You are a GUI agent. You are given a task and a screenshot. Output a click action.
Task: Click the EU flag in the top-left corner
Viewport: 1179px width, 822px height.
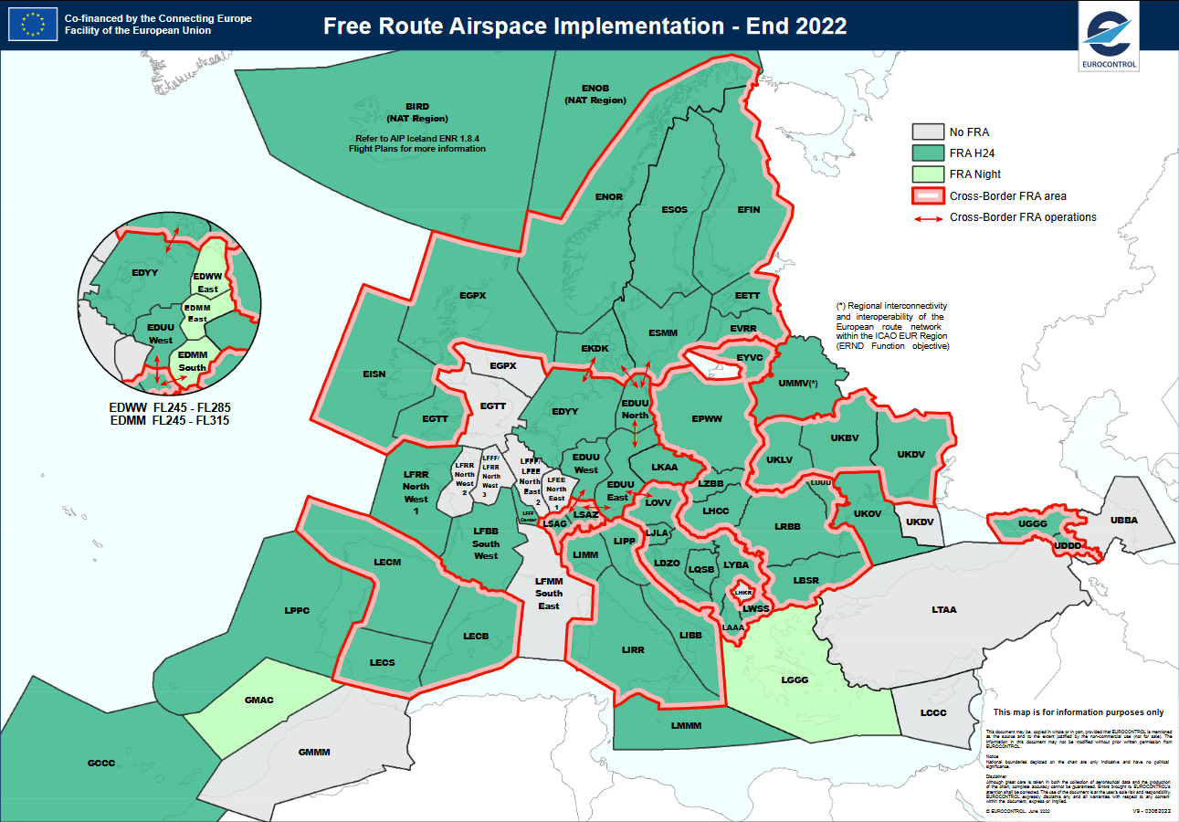31,25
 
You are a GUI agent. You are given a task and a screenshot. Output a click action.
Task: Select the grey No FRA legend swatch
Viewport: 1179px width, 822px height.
927,132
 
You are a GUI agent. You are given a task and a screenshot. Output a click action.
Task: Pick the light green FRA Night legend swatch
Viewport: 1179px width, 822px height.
927,174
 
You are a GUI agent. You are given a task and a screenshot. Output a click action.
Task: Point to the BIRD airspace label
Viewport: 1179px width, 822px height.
416,107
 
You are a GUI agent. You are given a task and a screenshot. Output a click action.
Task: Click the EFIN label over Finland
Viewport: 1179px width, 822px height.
748,210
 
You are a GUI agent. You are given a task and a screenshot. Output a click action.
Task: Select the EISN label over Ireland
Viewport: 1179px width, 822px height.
374,374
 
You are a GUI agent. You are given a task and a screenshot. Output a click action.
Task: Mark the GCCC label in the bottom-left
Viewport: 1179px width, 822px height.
100,763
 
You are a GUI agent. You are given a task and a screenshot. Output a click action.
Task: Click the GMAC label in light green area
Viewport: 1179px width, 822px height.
258,701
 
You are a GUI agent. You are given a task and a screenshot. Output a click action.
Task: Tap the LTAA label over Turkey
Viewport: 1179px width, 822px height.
943,609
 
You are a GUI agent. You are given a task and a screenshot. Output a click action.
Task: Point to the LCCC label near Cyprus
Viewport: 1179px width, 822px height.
933,712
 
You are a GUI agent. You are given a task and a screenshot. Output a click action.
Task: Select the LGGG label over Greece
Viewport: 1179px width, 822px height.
794,680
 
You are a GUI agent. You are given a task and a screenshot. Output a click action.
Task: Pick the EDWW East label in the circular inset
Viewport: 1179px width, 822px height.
207,283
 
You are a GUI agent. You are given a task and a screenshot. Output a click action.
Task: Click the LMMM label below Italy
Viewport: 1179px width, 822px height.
685,726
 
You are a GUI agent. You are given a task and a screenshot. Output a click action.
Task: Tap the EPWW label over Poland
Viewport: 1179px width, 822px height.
706,419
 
